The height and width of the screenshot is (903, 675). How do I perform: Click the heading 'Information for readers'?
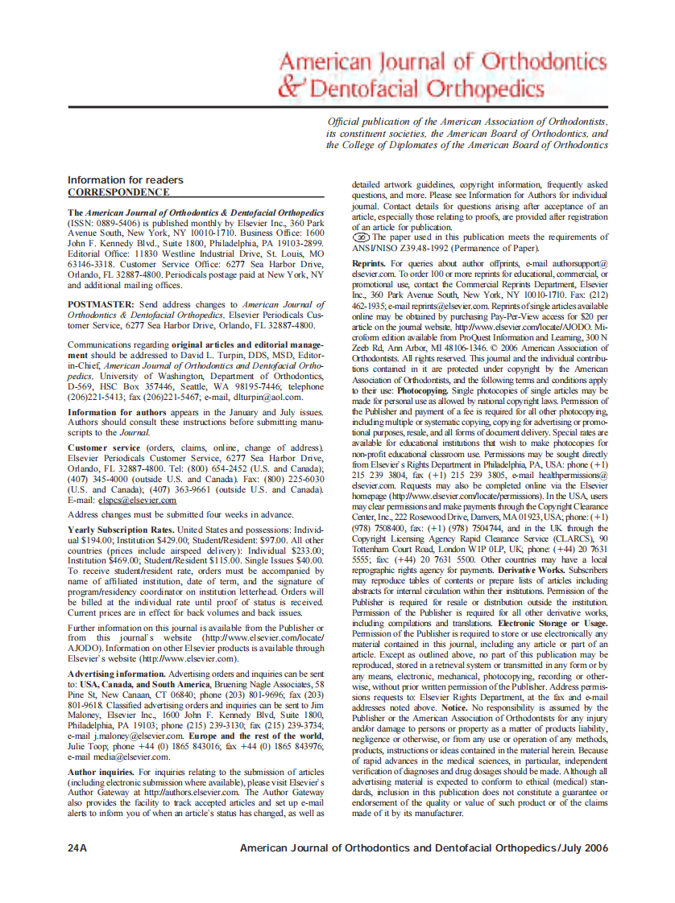pyautogui.click(x=125, y=179)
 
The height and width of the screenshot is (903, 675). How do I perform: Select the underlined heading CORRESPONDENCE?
pyautogui.click(x=118, y=192)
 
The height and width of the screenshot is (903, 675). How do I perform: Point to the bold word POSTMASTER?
pyautogui.click(x=101, y=304)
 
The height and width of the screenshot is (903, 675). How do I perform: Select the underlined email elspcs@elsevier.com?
pyautogui.click(x=137, y=500)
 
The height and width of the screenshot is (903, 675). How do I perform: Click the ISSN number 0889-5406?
pyautogui.click(x=118, y=222)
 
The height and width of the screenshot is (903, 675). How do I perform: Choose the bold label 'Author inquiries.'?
pyautogui.click(x=101, y=771)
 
